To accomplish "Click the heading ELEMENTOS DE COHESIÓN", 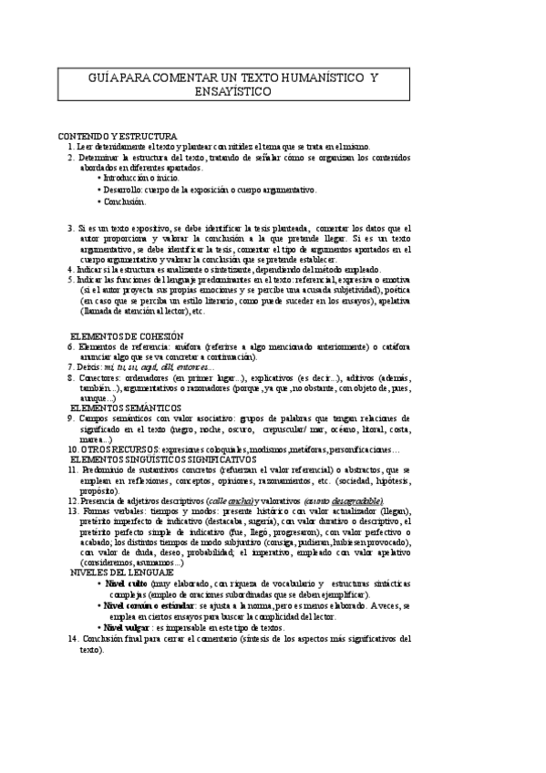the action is pos(127,336).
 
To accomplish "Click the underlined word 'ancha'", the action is pos(242,501).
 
